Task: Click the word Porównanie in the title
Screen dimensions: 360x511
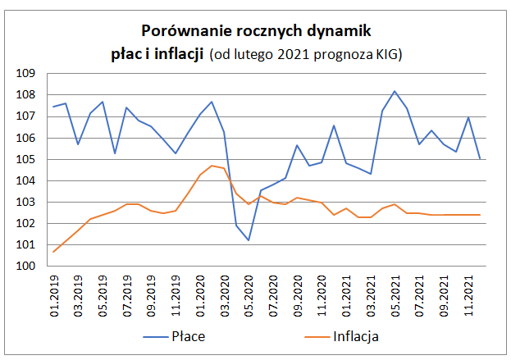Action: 179,31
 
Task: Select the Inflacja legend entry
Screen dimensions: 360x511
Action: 357,336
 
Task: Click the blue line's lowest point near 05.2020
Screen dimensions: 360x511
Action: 248,240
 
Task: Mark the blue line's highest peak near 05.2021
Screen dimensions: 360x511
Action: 395,91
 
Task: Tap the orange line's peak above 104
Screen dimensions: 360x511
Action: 212,166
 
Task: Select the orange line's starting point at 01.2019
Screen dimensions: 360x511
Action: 53,252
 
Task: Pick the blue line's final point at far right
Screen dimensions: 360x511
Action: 480,159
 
